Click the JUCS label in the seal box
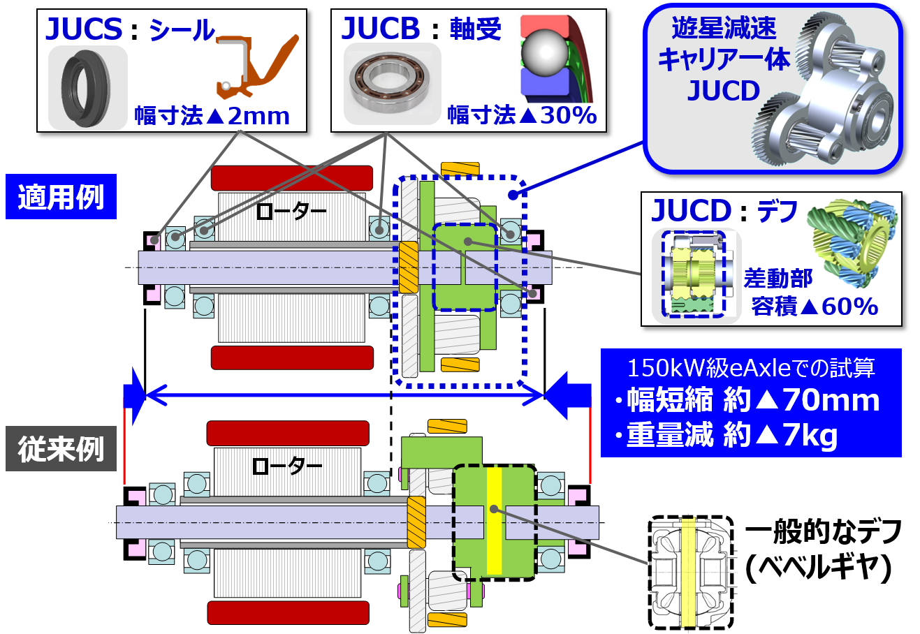[x=84, y=29]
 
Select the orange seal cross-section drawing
[x=255, y=66]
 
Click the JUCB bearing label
[x=381, y=29]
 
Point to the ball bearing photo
[x=392, y=84]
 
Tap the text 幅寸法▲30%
[x=522, y=115]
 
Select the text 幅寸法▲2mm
[x=212, y=116]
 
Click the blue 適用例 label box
[x=61, y=198]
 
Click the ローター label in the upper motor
[x=291, y=210]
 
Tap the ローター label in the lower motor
[x=286, y=465]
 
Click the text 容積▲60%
[x=814, y=306]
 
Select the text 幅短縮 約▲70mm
[x=752, y=400]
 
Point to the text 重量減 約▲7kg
[x=731, y=436]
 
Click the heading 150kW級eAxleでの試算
[x=751, y=367]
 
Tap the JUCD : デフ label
[x=724, y=211]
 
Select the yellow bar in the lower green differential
[x=494, y=520]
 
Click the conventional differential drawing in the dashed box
[x=692, y=573]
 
